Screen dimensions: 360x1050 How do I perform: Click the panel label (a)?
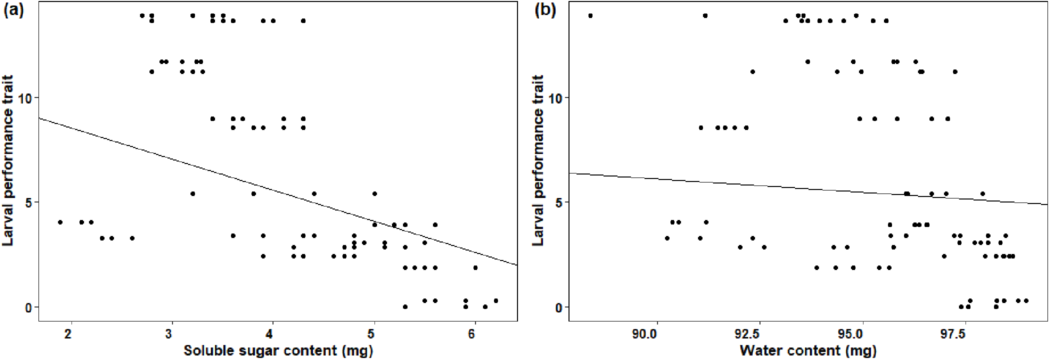14,10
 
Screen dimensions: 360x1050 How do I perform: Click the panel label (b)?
545,10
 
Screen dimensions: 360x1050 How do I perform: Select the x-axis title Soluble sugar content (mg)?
278,350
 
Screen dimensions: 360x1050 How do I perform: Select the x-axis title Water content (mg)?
807,350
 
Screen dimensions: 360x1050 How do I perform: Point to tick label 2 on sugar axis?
71,333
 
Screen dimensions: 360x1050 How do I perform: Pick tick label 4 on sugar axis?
272,333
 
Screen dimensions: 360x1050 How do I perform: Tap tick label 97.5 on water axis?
964,333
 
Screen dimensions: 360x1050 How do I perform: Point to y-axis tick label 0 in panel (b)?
559,307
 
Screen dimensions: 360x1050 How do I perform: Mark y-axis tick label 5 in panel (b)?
559,202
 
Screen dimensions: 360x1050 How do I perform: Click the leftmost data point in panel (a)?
60,222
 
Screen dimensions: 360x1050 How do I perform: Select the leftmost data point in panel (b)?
590,16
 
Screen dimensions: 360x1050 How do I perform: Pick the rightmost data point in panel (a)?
495,300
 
